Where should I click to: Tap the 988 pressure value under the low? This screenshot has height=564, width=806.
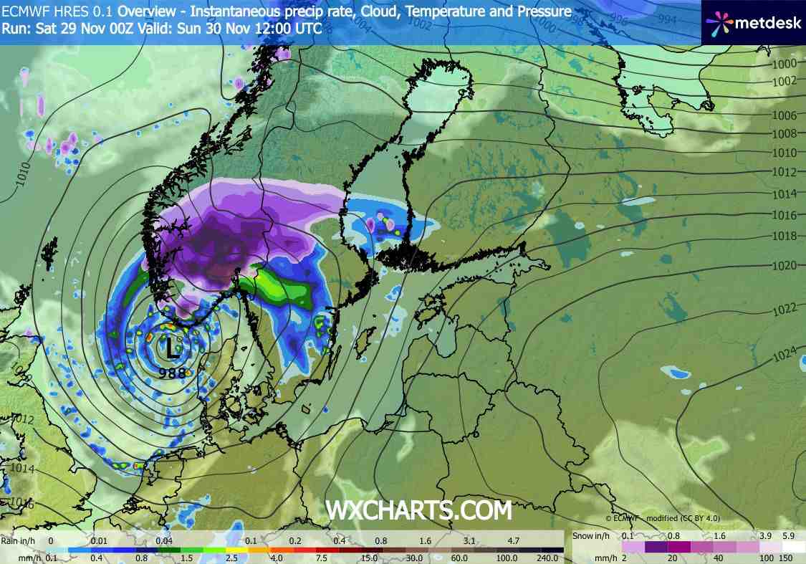pos(172,373)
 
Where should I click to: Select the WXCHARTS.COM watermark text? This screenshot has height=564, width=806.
pos(419,510)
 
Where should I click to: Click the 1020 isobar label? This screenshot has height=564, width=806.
pos(785,266)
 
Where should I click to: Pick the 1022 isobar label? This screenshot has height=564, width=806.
pos(785,310)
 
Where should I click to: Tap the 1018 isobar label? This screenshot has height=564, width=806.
pos(785,236)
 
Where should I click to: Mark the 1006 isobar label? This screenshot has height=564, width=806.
pos(785,116)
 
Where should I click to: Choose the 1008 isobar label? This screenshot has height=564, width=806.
pos(785,134)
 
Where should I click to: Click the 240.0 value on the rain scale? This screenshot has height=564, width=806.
pos(548,557)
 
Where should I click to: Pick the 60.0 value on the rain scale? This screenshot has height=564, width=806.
pos(459,557)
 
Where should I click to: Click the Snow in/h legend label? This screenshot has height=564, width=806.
pos(593,536)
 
